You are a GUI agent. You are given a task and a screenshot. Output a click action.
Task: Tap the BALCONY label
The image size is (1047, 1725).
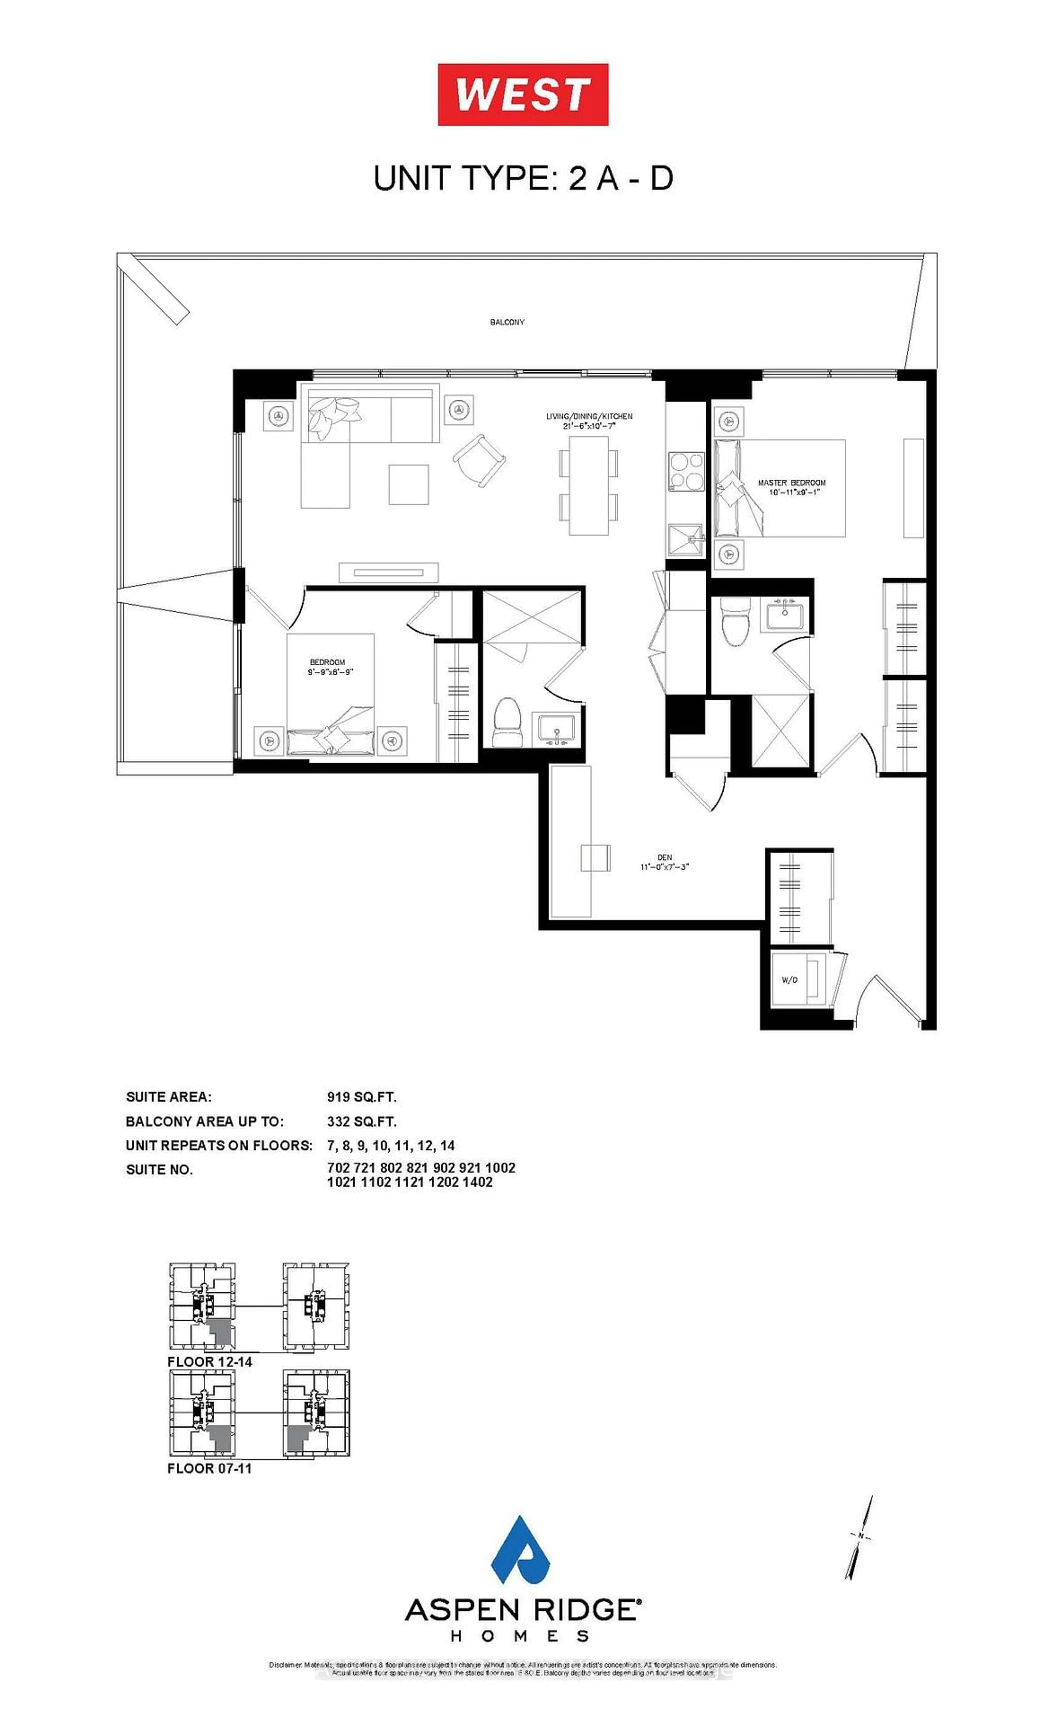click(507, 322)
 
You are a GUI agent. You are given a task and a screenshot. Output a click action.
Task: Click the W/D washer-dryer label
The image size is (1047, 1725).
click(789, 979)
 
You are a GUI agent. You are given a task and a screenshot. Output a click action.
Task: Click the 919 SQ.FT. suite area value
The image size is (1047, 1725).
click(361, 1097)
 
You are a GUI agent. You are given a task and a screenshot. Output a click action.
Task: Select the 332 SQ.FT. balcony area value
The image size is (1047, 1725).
click(361, 1122)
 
